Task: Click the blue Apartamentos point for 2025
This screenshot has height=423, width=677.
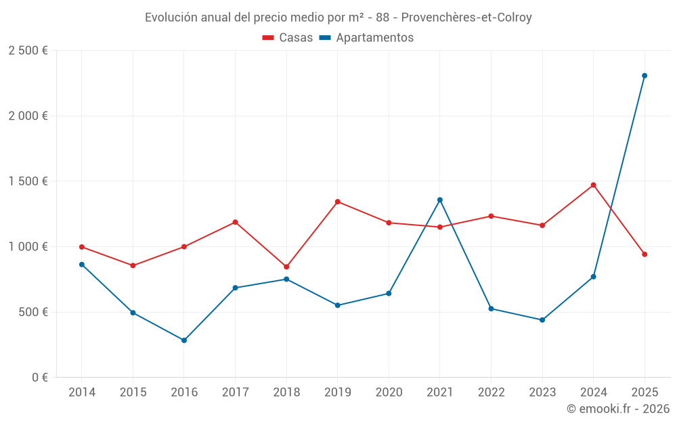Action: [x=645, y=76]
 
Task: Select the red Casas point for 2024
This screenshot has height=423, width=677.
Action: [x=593, y=185]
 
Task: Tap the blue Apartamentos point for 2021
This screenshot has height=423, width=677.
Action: [x=440, y=200]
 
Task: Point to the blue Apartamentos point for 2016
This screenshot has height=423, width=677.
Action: [x=184, y=340]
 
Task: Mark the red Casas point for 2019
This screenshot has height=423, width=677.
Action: [x=338, y=202]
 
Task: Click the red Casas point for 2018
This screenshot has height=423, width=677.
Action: [x=286, y=267]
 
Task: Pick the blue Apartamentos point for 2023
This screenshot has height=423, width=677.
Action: [x=542, y=320]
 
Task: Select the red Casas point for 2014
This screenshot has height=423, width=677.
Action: [x=82, y=247]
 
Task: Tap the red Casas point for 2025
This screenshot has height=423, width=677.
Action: [x=645, y=254]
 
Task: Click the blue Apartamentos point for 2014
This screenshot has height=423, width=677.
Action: [x=82, y=265]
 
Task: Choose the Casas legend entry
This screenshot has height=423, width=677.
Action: [x=288, y=38]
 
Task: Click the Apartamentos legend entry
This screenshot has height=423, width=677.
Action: [x=366, y=38]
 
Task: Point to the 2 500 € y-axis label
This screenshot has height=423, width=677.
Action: [x=28, y=51]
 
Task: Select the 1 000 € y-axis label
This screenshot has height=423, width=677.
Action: [x=28, y=247]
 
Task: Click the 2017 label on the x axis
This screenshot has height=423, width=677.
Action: [x=235, y=393]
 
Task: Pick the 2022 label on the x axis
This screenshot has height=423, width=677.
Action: [x=491, y=393]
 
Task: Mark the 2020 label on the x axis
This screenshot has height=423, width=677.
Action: [x=389, y=393]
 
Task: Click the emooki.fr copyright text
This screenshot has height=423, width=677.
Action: [x=617, y=409]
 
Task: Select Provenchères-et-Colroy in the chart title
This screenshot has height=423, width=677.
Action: [x=466, y=18]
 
